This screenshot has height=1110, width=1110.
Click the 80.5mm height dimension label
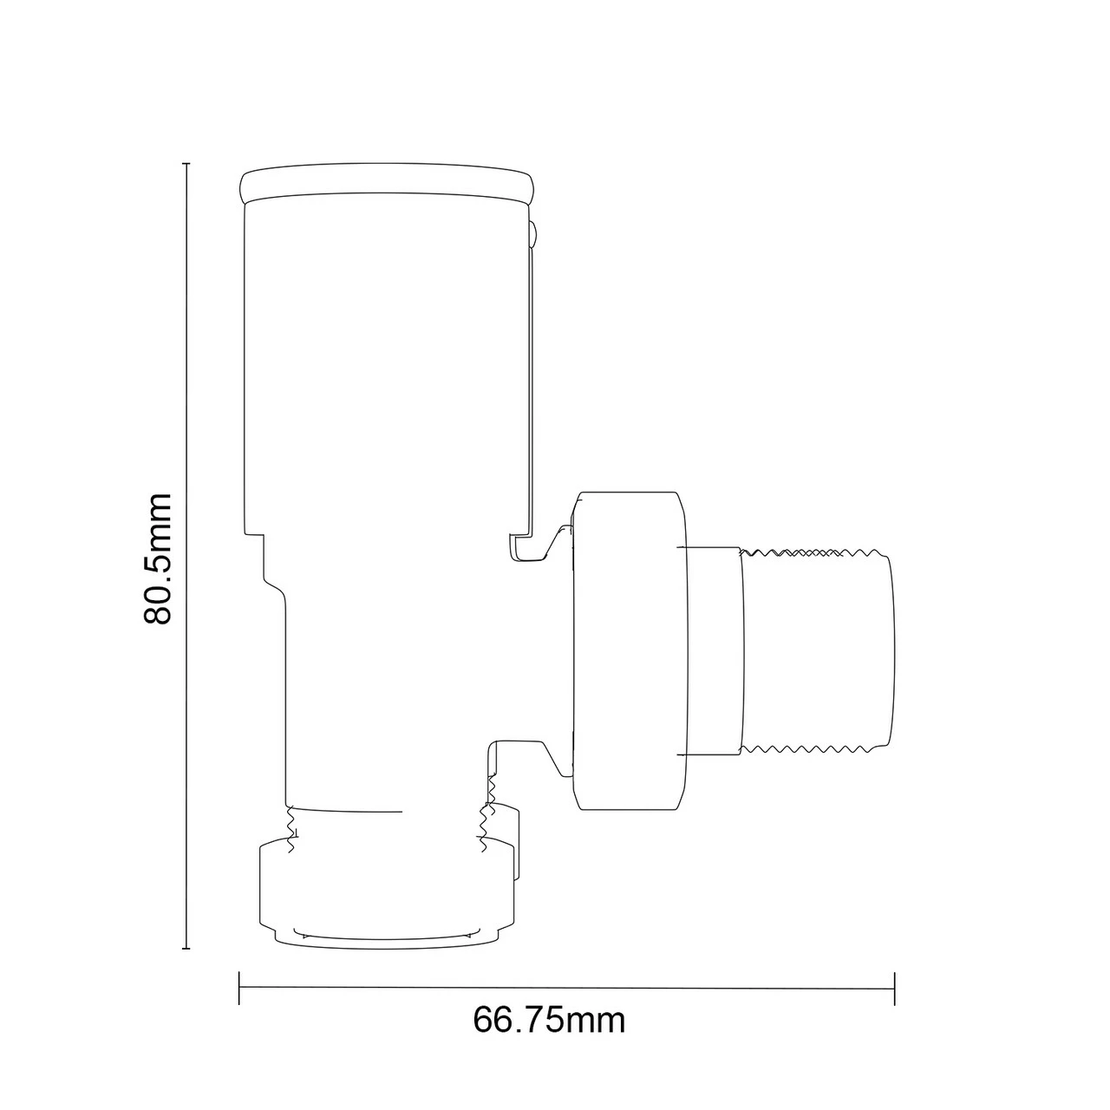pos(159,558)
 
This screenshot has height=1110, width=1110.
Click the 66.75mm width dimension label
pos(549,1020)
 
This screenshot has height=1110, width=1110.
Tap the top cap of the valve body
pos(387,183)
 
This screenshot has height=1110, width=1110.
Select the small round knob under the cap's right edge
pos(533,232)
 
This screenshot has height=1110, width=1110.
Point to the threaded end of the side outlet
pos(815,650)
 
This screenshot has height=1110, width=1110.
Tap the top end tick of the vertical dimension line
pos(186,163)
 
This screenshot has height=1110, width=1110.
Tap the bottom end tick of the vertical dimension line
pos(186,949)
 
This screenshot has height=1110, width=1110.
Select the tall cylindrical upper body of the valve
pos(387,364)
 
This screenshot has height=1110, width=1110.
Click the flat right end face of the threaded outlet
pos(891,650)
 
